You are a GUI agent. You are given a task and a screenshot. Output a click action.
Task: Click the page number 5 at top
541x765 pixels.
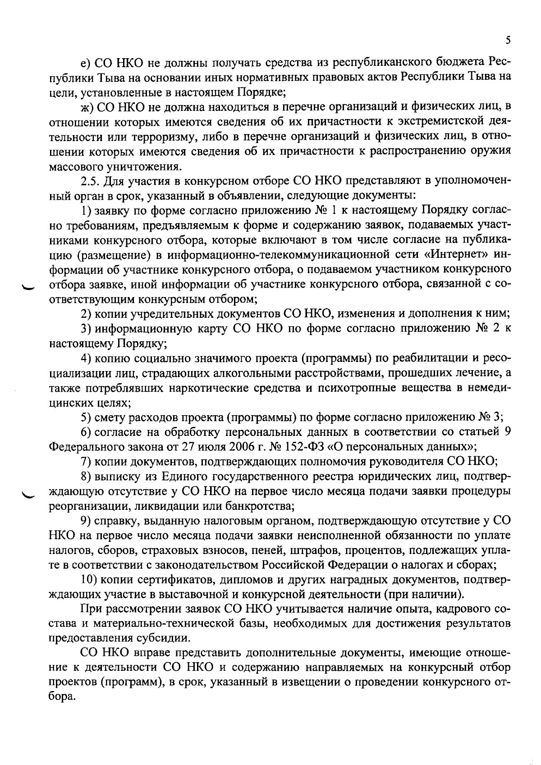point(508,41)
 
